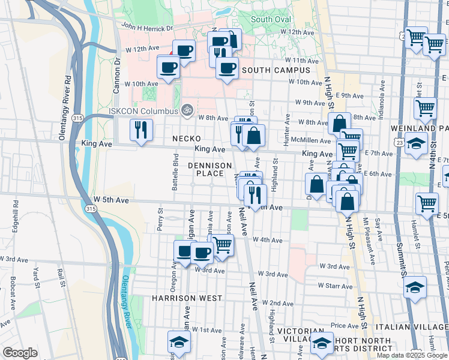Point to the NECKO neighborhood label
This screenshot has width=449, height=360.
(x=186, y=139)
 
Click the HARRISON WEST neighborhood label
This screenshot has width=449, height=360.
(x=187, y=298)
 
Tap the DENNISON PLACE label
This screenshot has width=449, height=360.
(x=209, y=169)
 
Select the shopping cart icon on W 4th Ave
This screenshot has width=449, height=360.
(x=222, y=245)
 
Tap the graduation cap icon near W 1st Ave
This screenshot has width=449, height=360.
(x=178, y=343)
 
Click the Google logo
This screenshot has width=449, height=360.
(x=20, y=353)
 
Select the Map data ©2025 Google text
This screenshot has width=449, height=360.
(x=412, y=355)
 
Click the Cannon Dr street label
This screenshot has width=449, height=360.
(x=117, y=75)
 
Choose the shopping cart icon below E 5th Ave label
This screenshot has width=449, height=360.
(x=427, y=203)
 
